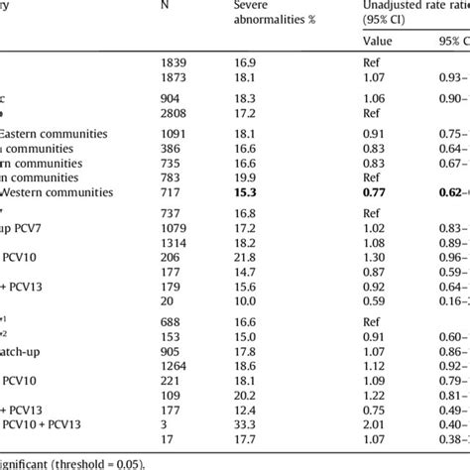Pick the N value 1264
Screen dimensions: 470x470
pos(175,366)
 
